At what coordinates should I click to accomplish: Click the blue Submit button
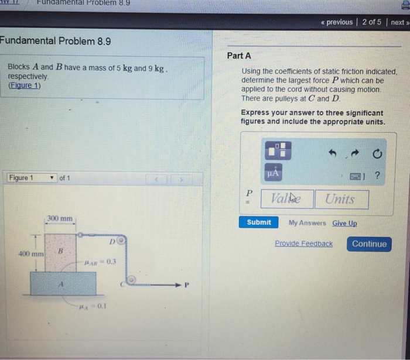point(259,222)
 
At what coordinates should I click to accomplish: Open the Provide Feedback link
point(303,244)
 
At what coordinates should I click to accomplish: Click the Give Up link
point(344,223)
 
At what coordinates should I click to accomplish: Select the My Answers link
point(307,223)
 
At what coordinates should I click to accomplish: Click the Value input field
point(287,199)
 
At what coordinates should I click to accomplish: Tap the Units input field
point(341,199)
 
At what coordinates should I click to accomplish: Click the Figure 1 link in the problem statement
point(25,85)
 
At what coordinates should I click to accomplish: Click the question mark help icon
point(377,174)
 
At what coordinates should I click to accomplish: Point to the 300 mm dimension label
point(60,219)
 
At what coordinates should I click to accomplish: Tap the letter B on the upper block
point(59,251)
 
